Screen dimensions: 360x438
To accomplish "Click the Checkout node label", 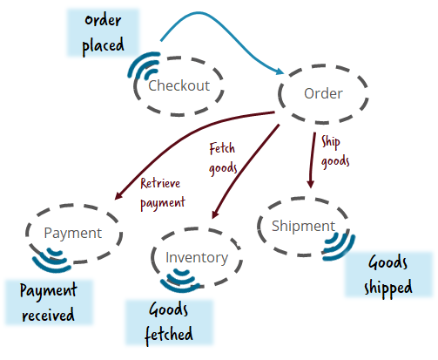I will point(179,85).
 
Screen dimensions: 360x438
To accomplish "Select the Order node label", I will point(322,93).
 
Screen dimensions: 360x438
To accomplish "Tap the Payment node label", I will point(73,233).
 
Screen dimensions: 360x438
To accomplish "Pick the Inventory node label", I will point(197,257).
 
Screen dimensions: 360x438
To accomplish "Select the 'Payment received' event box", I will point(49,302).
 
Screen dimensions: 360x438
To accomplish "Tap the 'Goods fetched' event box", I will point(169,322).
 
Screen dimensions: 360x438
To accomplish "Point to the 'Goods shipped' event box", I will point(388,274).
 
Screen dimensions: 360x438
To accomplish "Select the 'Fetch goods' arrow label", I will point(223,158).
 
